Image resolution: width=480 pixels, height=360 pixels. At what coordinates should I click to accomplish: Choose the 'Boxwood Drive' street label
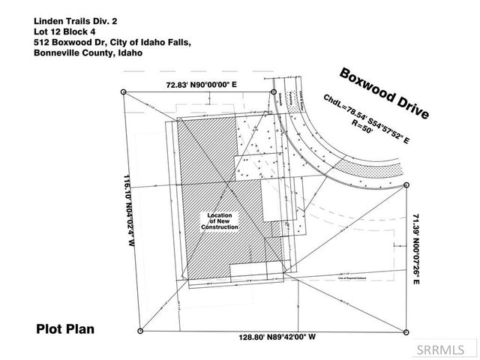(384, 94)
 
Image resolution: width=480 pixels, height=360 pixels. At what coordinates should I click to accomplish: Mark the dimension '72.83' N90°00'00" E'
(201, 85)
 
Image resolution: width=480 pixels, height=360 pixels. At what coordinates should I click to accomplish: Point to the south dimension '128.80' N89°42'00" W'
(271, 337)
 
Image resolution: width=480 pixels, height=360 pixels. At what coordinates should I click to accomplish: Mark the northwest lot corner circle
(123, 92)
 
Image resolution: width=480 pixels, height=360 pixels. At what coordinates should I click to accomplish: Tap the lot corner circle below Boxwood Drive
(406, 184)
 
